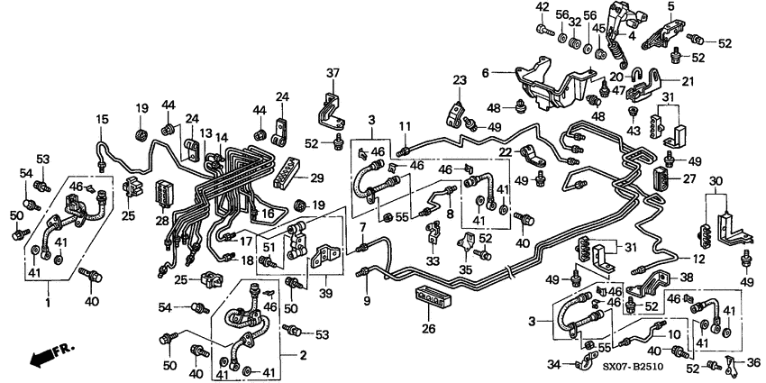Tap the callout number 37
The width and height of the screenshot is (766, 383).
click(x=333, y=73)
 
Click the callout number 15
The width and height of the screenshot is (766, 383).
click(x=102, y=119)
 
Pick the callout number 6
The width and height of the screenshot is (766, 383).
click(x=510, y=73)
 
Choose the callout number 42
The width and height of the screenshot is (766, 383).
click(x=542, y=8)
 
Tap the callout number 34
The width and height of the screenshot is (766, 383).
click(x=555, y=364)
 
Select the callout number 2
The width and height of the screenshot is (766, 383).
click(x=303, y=357)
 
